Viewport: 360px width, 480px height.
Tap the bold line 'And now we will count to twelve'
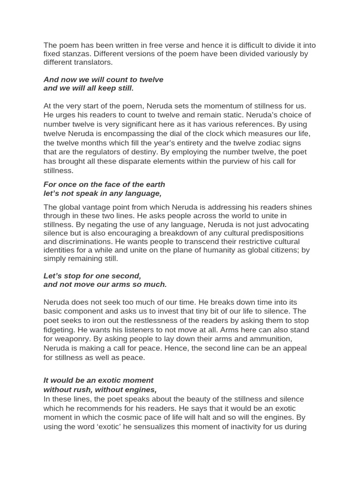coord(103,80)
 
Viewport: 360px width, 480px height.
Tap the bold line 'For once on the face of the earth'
coord(104,185)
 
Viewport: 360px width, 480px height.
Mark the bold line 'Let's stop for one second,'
coord(92,276)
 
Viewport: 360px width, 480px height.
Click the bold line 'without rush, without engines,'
coord(100,390)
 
